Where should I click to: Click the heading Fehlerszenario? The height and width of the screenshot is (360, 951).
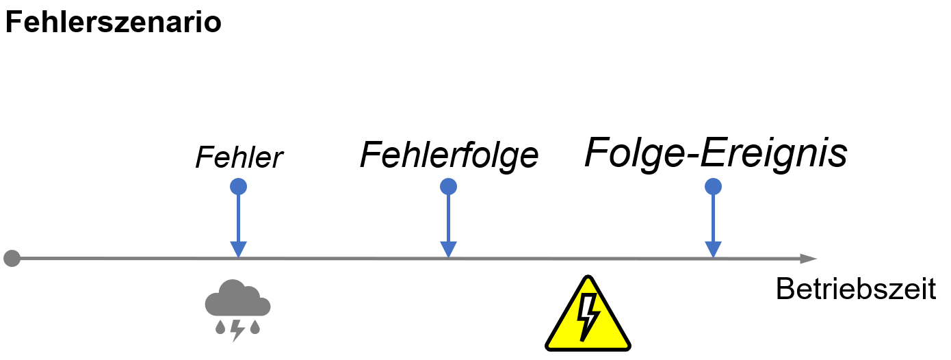[113, 23]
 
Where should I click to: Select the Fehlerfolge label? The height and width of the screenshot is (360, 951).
[449, 155]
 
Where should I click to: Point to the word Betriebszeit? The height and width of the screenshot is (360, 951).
[855, 290]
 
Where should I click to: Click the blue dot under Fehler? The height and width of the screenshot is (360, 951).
[238, 186]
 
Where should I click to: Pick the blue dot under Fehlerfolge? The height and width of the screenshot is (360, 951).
[448, 186]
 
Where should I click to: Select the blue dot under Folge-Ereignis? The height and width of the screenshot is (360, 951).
[714, 186]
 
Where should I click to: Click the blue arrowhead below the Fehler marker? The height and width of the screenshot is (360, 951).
[238, 249]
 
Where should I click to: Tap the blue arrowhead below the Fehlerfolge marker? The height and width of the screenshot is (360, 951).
[448, 249]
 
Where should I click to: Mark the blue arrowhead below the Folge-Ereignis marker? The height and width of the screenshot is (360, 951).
[714, 249]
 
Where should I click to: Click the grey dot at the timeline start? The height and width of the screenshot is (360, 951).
[12, 259]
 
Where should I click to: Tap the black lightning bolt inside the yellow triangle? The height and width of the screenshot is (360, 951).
[588, 316]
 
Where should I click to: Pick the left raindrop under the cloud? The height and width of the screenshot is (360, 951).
[220, 327]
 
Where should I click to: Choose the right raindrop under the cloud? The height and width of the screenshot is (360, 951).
[255, 327]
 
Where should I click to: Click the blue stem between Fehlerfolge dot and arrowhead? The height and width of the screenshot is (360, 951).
[448, 216]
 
